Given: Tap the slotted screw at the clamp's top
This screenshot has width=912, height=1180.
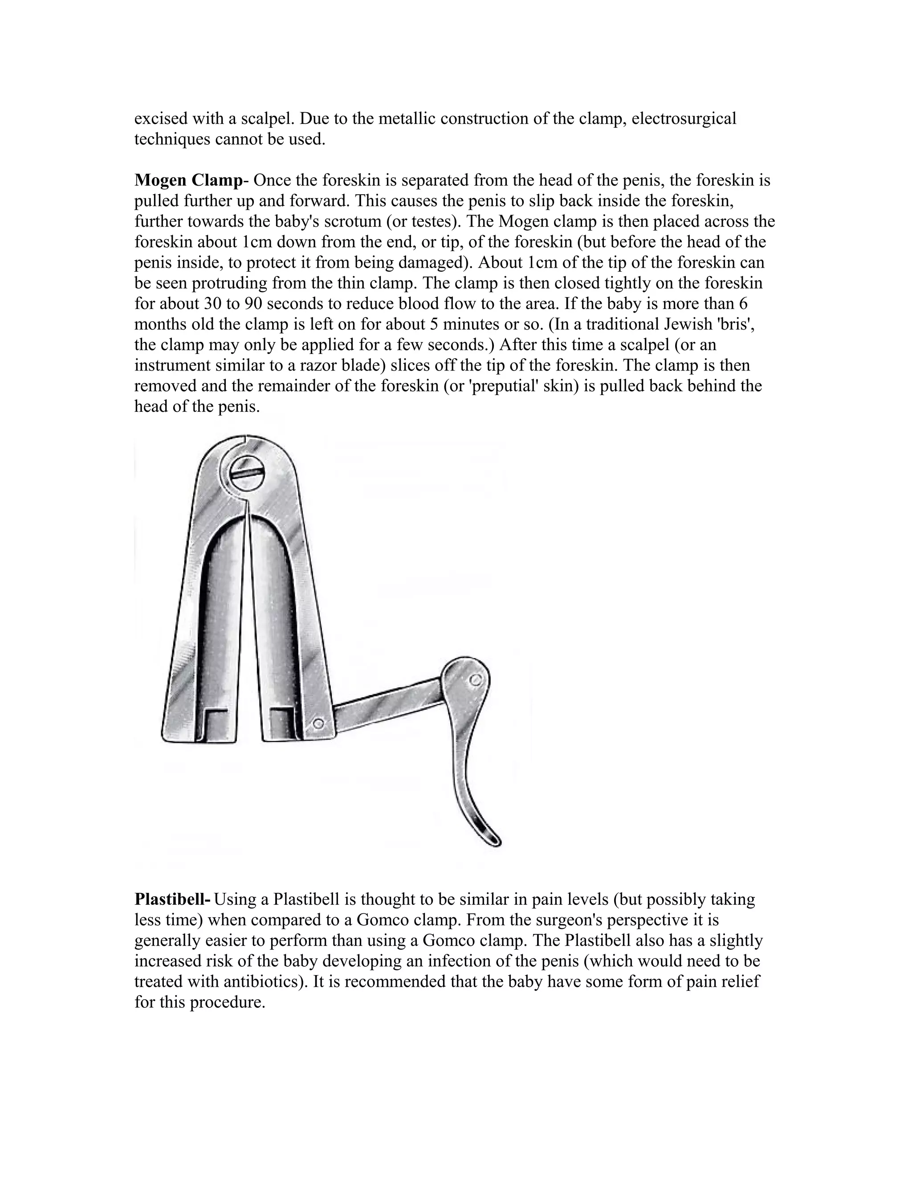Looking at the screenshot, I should pyautogui.click(x=246, y=471).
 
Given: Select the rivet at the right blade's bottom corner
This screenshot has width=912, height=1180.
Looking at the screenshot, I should pyautogui.click(x=319, y=723).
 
